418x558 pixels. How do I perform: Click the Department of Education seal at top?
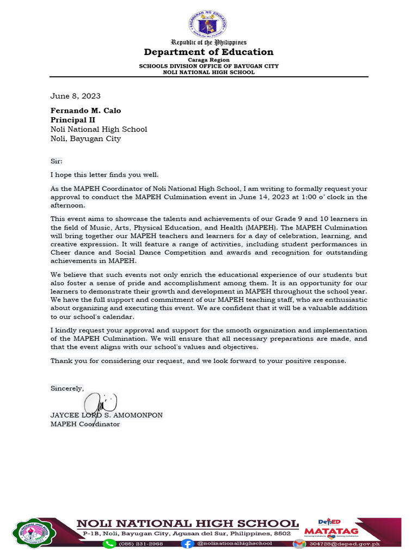208,25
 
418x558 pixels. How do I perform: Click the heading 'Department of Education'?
208,52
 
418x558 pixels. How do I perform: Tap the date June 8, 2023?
76,96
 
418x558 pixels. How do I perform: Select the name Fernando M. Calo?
86,111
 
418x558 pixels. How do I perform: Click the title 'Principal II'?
73,120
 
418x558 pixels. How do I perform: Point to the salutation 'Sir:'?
57,161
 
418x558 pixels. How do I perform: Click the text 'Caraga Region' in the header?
208,60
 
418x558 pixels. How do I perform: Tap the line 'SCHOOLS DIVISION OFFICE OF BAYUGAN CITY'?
208,66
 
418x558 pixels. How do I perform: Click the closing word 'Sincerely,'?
67,389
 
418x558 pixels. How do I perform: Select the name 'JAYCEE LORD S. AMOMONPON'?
107,415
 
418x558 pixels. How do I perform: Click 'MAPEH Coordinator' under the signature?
85,424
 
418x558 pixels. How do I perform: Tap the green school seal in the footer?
34,533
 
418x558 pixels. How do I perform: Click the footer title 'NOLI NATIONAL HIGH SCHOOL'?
188,524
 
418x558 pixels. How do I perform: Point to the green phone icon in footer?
109,543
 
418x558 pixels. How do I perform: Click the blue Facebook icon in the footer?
187,543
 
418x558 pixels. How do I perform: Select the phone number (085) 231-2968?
141,543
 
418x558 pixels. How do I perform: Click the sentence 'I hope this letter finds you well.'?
104,175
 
